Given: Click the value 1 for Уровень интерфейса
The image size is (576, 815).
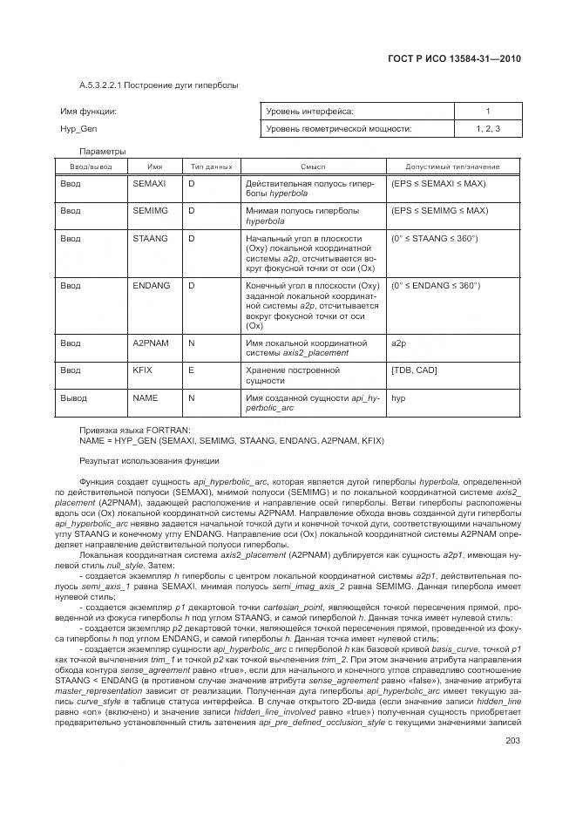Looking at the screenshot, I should (488, 112).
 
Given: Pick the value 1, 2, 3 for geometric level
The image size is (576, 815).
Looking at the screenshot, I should (488, 128).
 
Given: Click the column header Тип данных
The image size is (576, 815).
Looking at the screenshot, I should (210, 166).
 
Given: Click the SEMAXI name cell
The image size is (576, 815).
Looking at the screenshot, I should (149, 184).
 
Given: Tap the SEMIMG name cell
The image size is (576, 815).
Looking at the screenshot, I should (150, 211).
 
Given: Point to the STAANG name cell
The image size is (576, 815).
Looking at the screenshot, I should (150, 238).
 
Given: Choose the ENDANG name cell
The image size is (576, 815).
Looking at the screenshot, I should (151, 285).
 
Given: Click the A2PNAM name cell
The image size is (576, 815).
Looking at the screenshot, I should (151, 343).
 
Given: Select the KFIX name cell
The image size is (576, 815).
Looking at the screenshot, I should (143, 370).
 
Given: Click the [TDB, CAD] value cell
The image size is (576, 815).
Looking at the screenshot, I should (416, 370).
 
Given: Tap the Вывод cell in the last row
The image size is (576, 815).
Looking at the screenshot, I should (73, 397).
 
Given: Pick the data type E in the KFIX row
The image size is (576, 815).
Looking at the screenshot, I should (192, 370).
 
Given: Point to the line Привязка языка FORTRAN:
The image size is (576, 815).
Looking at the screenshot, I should (135, 431).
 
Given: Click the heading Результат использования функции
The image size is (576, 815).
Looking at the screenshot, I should (149, 459).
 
